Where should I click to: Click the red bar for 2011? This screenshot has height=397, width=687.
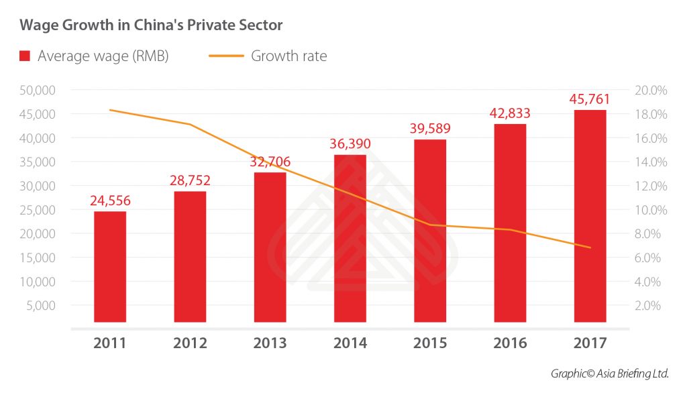[110, 267]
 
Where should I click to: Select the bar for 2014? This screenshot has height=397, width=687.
[350, 238]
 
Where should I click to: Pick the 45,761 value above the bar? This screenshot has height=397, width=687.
[590, 99]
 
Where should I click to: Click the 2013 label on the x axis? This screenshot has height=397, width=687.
[270, 343]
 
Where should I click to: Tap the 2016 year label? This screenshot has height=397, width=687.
[510, 343]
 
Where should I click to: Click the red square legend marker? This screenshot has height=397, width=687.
[25, 56]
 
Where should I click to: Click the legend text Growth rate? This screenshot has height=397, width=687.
[289, 56]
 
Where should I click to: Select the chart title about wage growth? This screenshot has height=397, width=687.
[151, 25]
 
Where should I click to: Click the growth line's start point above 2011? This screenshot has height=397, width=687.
[110, 110]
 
